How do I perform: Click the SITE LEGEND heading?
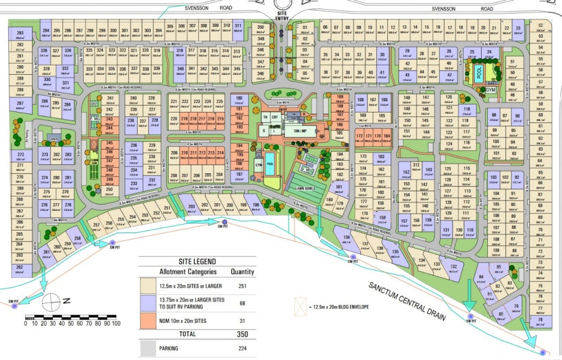197,261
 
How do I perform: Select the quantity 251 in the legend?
243,286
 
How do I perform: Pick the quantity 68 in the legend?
243,304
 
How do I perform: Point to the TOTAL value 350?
243,335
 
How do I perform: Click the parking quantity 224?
243,349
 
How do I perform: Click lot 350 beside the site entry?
260,29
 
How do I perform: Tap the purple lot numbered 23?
518,29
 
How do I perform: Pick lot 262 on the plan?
20,269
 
